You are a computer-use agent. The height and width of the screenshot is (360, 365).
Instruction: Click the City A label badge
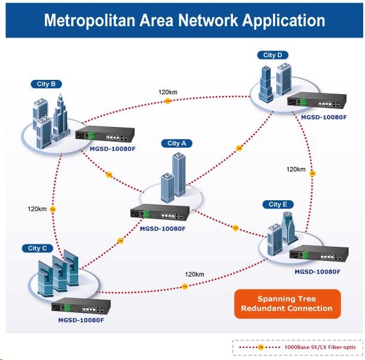click(177, 144)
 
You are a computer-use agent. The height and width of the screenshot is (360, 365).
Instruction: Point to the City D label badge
click(273, 55)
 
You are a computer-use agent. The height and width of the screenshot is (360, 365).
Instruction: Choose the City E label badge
click(278, 204)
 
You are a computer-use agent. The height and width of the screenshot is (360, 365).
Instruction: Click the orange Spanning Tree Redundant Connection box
click(287, 304)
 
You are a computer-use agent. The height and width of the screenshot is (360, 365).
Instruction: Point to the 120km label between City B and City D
click(168, 92)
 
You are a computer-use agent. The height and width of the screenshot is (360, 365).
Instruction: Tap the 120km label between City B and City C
click(37, 209)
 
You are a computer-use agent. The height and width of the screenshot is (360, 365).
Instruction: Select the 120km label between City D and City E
click(296, 170)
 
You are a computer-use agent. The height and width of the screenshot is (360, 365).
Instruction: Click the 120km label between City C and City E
click(194, 275)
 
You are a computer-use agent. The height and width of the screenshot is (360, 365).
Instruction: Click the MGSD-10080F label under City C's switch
click(81, 320)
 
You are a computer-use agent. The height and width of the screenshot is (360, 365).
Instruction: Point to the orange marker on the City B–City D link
click(168, 101)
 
